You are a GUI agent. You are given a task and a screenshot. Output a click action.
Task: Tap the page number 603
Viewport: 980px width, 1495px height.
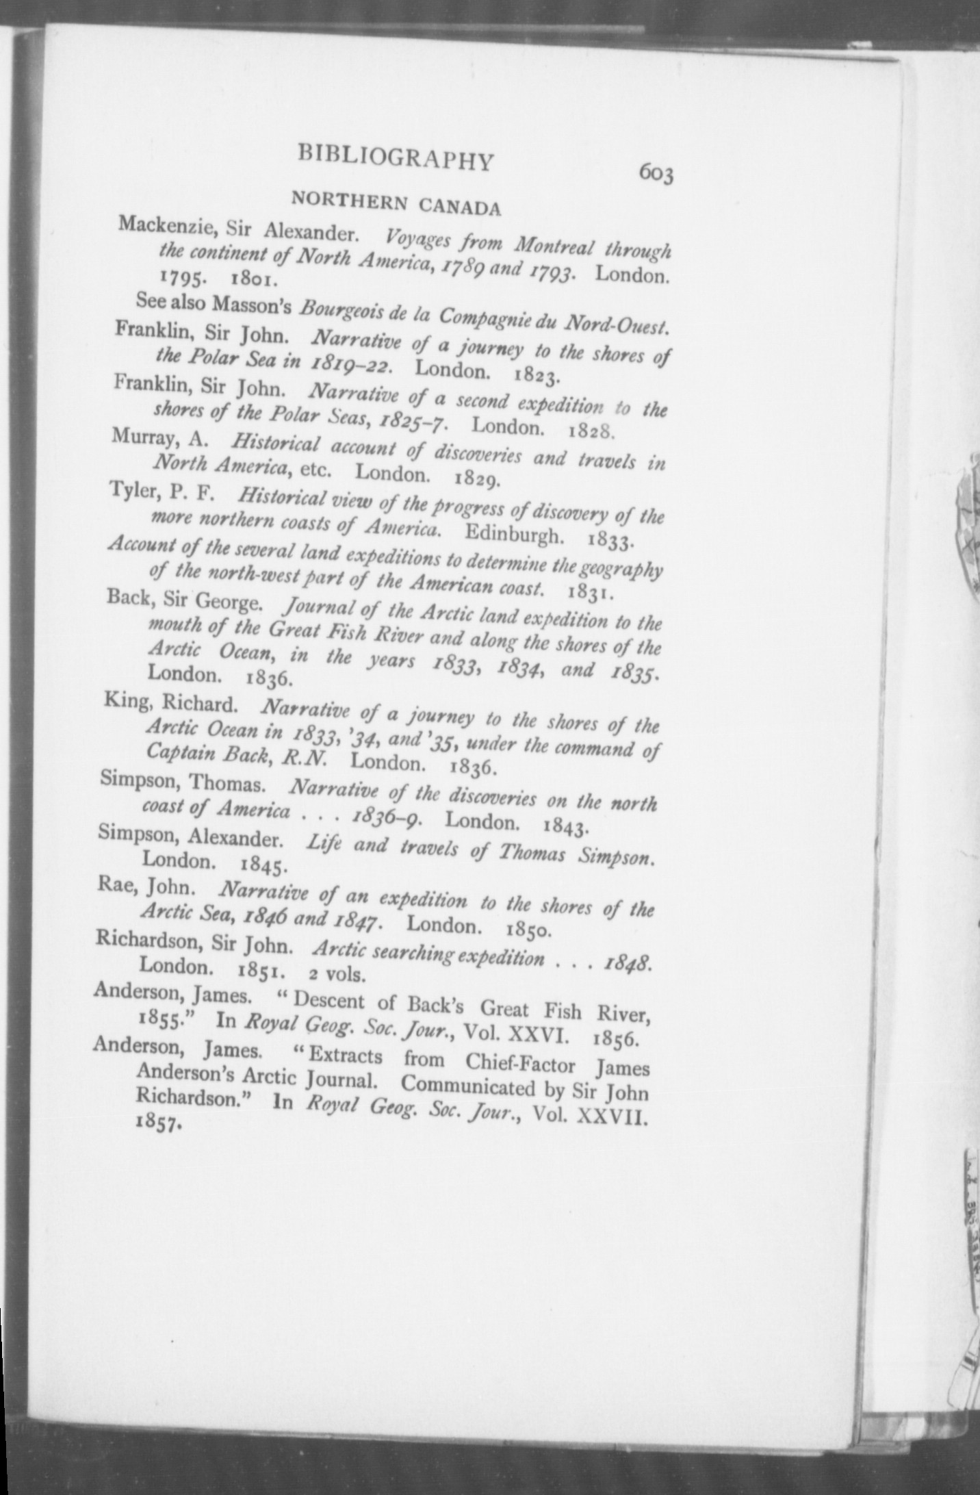coord(656,174)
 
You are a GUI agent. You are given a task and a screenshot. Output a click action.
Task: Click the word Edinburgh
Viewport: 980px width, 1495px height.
coord(515,533)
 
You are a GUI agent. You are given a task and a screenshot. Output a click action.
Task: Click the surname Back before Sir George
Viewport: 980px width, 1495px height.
coord(125,599)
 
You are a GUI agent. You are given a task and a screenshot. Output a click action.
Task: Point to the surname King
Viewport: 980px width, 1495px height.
coord(122,701)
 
